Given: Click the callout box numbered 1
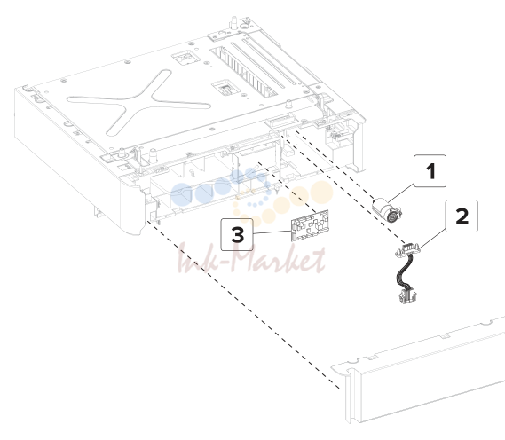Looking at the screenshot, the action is click(430, 171).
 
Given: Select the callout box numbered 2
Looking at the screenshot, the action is click(462, 216).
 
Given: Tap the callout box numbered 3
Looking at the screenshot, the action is click(237, 234).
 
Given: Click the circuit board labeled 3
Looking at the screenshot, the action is click(310, 225).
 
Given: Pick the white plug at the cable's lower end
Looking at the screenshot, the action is click(407, 295).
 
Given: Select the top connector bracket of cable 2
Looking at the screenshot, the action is click(408, 250).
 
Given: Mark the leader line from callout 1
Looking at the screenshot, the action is click(401, 193).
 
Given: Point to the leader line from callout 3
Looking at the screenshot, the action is click(272, 232).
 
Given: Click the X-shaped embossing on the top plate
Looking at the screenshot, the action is click(138, 102).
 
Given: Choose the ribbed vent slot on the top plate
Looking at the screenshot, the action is click(244, 72).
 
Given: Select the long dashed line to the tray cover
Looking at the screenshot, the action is click(244, 304).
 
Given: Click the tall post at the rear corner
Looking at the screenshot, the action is click(233, 23).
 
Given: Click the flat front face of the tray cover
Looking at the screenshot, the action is click(431, 386).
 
